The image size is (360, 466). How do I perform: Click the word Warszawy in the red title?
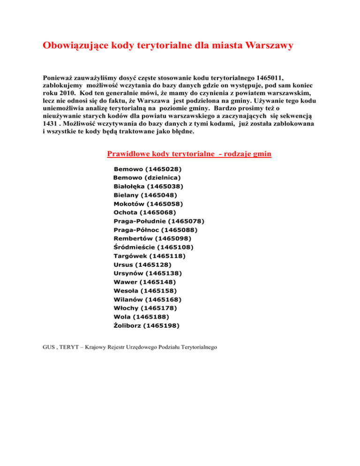(265, 46)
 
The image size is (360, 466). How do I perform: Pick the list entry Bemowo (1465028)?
(148, 168)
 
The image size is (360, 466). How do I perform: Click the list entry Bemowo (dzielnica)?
(147, 177)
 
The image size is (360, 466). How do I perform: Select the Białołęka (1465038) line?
(149, 186)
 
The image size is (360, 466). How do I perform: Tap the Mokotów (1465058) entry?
(148, 203)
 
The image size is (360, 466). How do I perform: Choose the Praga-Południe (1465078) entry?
(158, 221)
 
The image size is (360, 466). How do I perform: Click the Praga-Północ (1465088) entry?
(155, 230)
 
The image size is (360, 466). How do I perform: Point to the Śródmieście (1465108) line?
(153, 247)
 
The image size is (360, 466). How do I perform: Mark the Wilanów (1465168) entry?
(148, 299)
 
